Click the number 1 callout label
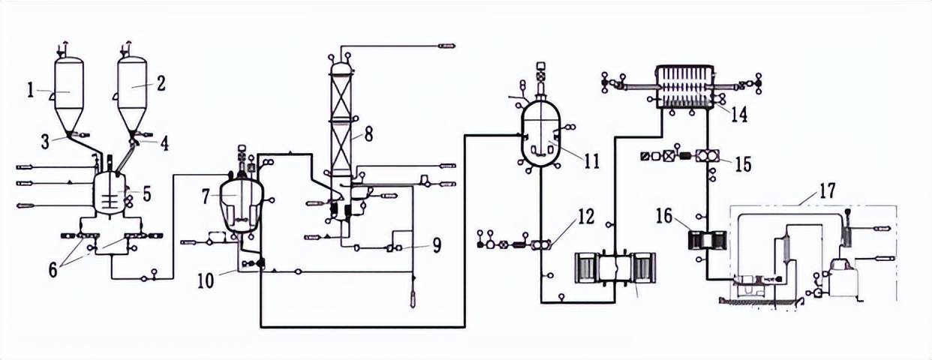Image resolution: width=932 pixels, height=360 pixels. (x=30, y=90)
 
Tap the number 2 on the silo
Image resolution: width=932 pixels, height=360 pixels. (x=161, y=83)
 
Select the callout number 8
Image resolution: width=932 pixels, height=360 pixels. (x=368, y=134)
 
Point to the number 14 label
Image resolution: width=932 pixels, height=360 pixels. (x=739, y=114)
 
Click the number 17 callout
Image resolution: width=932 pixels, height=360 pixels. (x=827, y=190)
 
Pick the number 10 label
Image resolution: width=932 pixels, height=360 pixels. (x=206, y=281)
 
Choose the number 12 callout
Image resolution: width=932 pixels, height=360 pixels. (x=586, y=217)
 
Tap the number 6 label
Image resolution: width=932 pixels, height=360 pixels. (x=53, y=270)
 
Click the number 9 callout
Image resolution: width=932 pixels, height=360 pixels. (x=437, y=245)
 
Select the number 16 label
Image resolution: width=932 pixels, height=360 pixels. (x=664, y=216)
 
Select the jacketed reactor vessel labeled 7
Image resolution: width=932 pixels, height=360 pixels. (x=242, y=204)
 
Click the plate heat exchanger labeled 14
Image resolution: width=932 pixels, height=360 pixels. (x=685, y=86)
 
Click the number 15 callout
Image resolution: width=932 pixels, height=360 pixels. (x=743, y=164)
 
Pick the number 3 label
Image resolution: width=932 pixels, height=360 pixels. (x=45, y=142)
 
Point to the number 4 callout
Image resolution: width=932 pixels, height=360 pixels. (x=165, y=144)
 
